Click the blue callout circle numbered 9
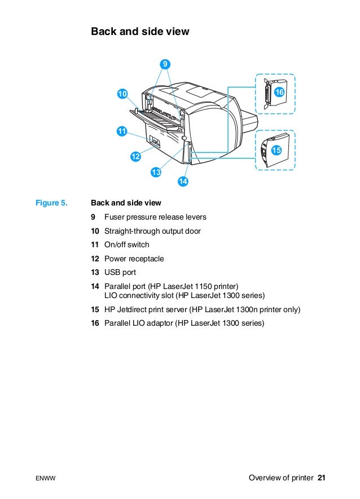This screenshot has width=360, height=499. (165, 64)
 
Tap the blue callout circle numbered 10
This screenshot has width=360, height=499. (122, 93)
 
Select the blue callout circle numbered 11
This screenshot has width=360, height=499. (121, 131)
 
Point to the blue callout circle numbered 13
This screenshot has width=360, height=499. (156, 172)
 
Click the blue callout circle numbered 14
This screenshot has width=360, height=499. (183, 181)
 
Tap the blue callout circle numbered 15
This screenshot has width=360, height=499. (276, 150)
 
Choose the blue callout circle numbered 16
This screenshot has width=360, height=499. (279, 91)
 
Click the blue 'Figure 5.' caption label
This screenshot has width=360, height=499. (51, 203)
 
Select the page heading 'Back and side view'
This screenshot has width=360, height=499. (140, 32)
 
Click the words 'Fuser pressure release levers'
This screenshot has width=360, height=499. (155, 217)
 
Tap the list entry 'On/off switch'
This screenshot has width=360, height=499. (127, 245)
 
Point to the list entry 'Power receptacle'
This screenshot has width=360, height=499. (134, 259)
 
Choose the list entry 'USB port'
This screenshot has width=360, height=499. (120, 273)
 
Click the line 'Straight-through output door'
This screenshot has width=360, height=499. (152, 231)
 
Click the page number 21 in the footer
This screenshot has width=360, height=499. (322, 478)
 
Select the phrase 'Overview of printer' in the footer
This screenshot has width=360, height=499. (280, 478)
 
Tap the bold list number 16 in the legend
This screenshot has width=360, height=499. (95, 323)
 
